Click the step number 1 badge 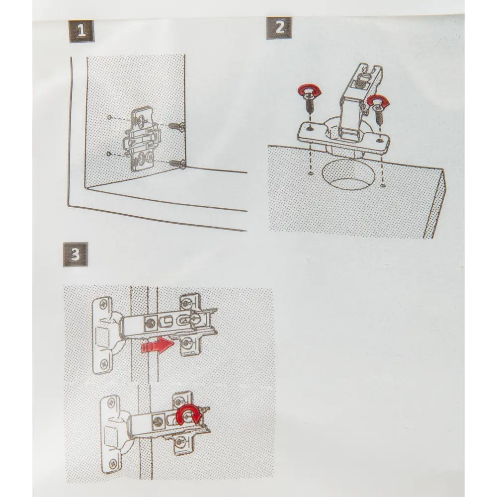pyautogui.click(x=82, y=31)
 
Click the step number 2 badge pyautogui.click(x=279, y=28)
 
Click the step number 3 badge pyautogui.click(x=75, y=254)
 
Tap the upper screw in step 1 pyautogui.click(x=177, y=126)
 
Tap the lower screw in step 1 pyautogui.click(x=177, y=164)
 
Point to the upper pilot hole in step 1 pyautogui.click(x=109, y=117)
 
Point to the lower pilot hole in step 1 pyautogui.click(x=109, y=154)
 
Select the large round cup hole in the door pyautogui.click(x=348, y=175)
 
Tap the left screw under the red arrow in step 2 pyautogui.click(x=309, y=103)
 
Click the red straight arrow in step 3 pyautogui.click(x=157, y=345)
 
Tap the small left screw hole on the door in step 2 pyautogui.click(x=310, y=173)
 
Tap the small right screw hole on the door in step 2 pyautogui.click(x=383, y=185)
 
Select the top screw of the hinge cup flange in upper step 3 pyautogui.click(x=103, y=305)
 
